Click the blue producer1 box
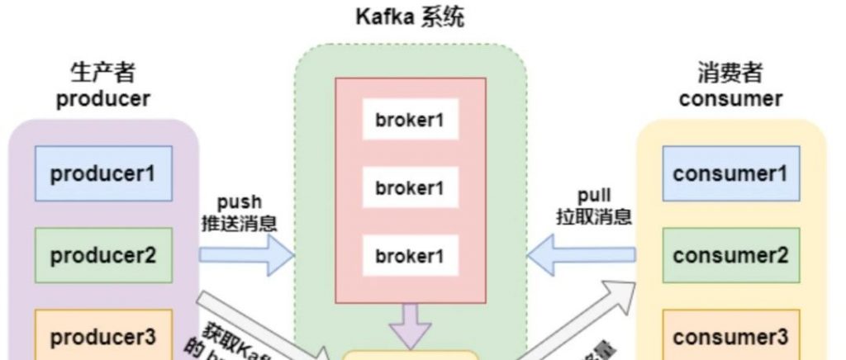pos(103,173)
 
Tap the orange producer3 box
pos(103,336)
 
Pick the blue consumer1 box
pos(730,173)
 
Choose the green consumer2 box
pos(730,255)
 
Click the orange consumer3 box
pos(730,336)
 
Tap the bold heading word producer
pos(102,99)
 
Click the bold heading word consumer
pos(730,99)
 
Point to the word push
pos(240,202)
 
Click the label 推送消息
pos(240,221)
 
